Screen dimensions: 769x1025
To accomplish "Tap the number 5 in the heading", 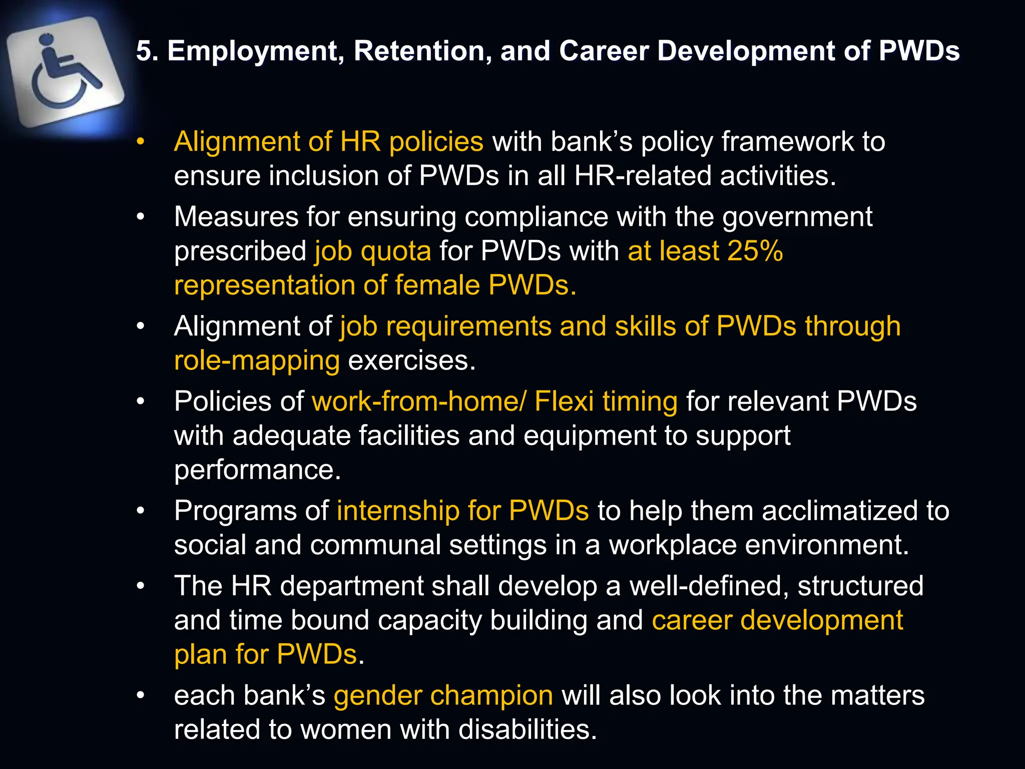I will [x=144, y=51].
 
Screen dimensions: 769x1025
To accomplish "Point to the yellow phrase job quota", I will [x=372, y=251].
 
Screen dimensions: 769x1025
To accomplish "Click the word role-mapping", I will [x=257, y=361].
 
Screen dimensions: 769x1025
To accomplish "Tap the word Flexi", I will [x=564, y=401].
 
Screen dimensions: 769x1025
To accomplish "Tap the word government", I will [x=797, y=217].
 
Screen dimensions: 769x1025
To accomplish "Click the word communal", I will [x=375, y=545].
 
